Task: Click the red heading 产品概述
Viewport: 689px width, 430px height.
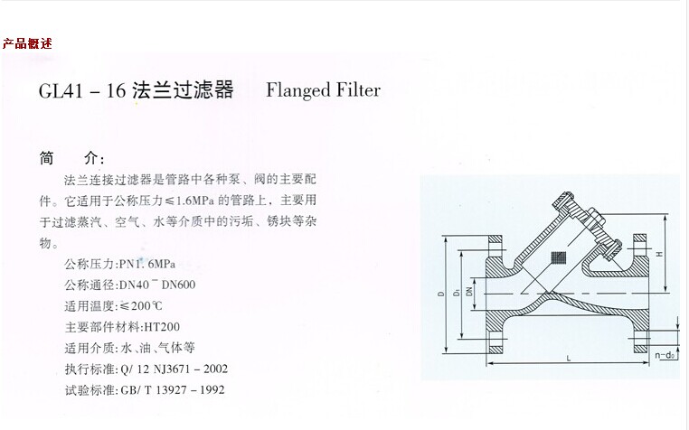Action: [27, 43]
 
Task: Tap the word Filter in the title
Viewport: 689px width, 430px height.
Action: [358, 90]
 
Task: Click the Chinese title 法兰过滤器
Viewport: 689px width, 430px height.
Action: [183, 91]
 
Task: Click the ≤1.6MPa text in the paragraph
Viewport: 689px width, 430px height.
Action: [193, 199]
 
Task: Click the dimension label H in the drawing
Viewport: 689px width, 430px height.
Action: [659, 256]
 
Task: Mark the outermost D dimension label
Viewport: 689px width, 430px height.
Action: [440, 294]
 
